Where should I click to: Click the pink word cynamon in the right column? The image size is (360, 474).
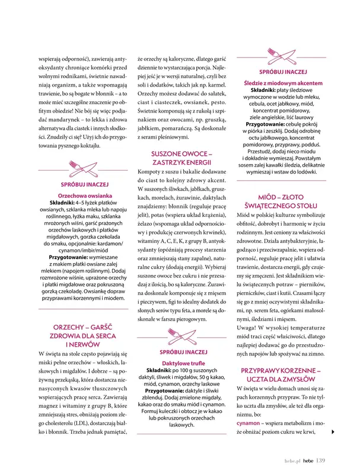point(250,424)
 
